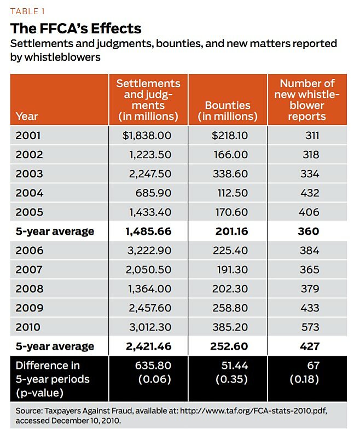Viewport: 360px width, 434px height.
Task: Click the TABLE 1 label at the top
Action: [x=27, y=10]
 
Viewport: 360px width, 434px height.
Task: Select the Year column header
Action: [x=27, y=116]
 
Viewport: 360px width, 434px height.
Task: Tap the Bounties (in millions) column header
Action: [x=228, y=111]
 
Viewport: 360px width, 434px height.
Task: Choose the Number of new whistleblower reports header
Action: [x=307, y=100]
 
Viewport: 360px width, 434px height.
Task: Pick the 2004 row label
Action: [x=29, y=193]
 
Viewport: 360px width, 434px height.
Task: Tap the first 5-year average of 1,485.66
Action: [x=148, y=231]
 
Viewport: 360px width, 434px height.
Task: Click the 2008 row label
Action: [x=29, y=288]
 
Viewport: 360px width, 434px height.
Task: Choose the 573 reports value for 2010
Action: [x=310, y=327]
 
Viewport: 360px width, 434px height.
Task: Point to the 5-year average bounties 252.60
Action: [x=229, y=346]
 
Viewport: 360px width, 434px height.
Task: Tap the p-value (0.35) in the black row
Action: [x=233, y=379]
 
